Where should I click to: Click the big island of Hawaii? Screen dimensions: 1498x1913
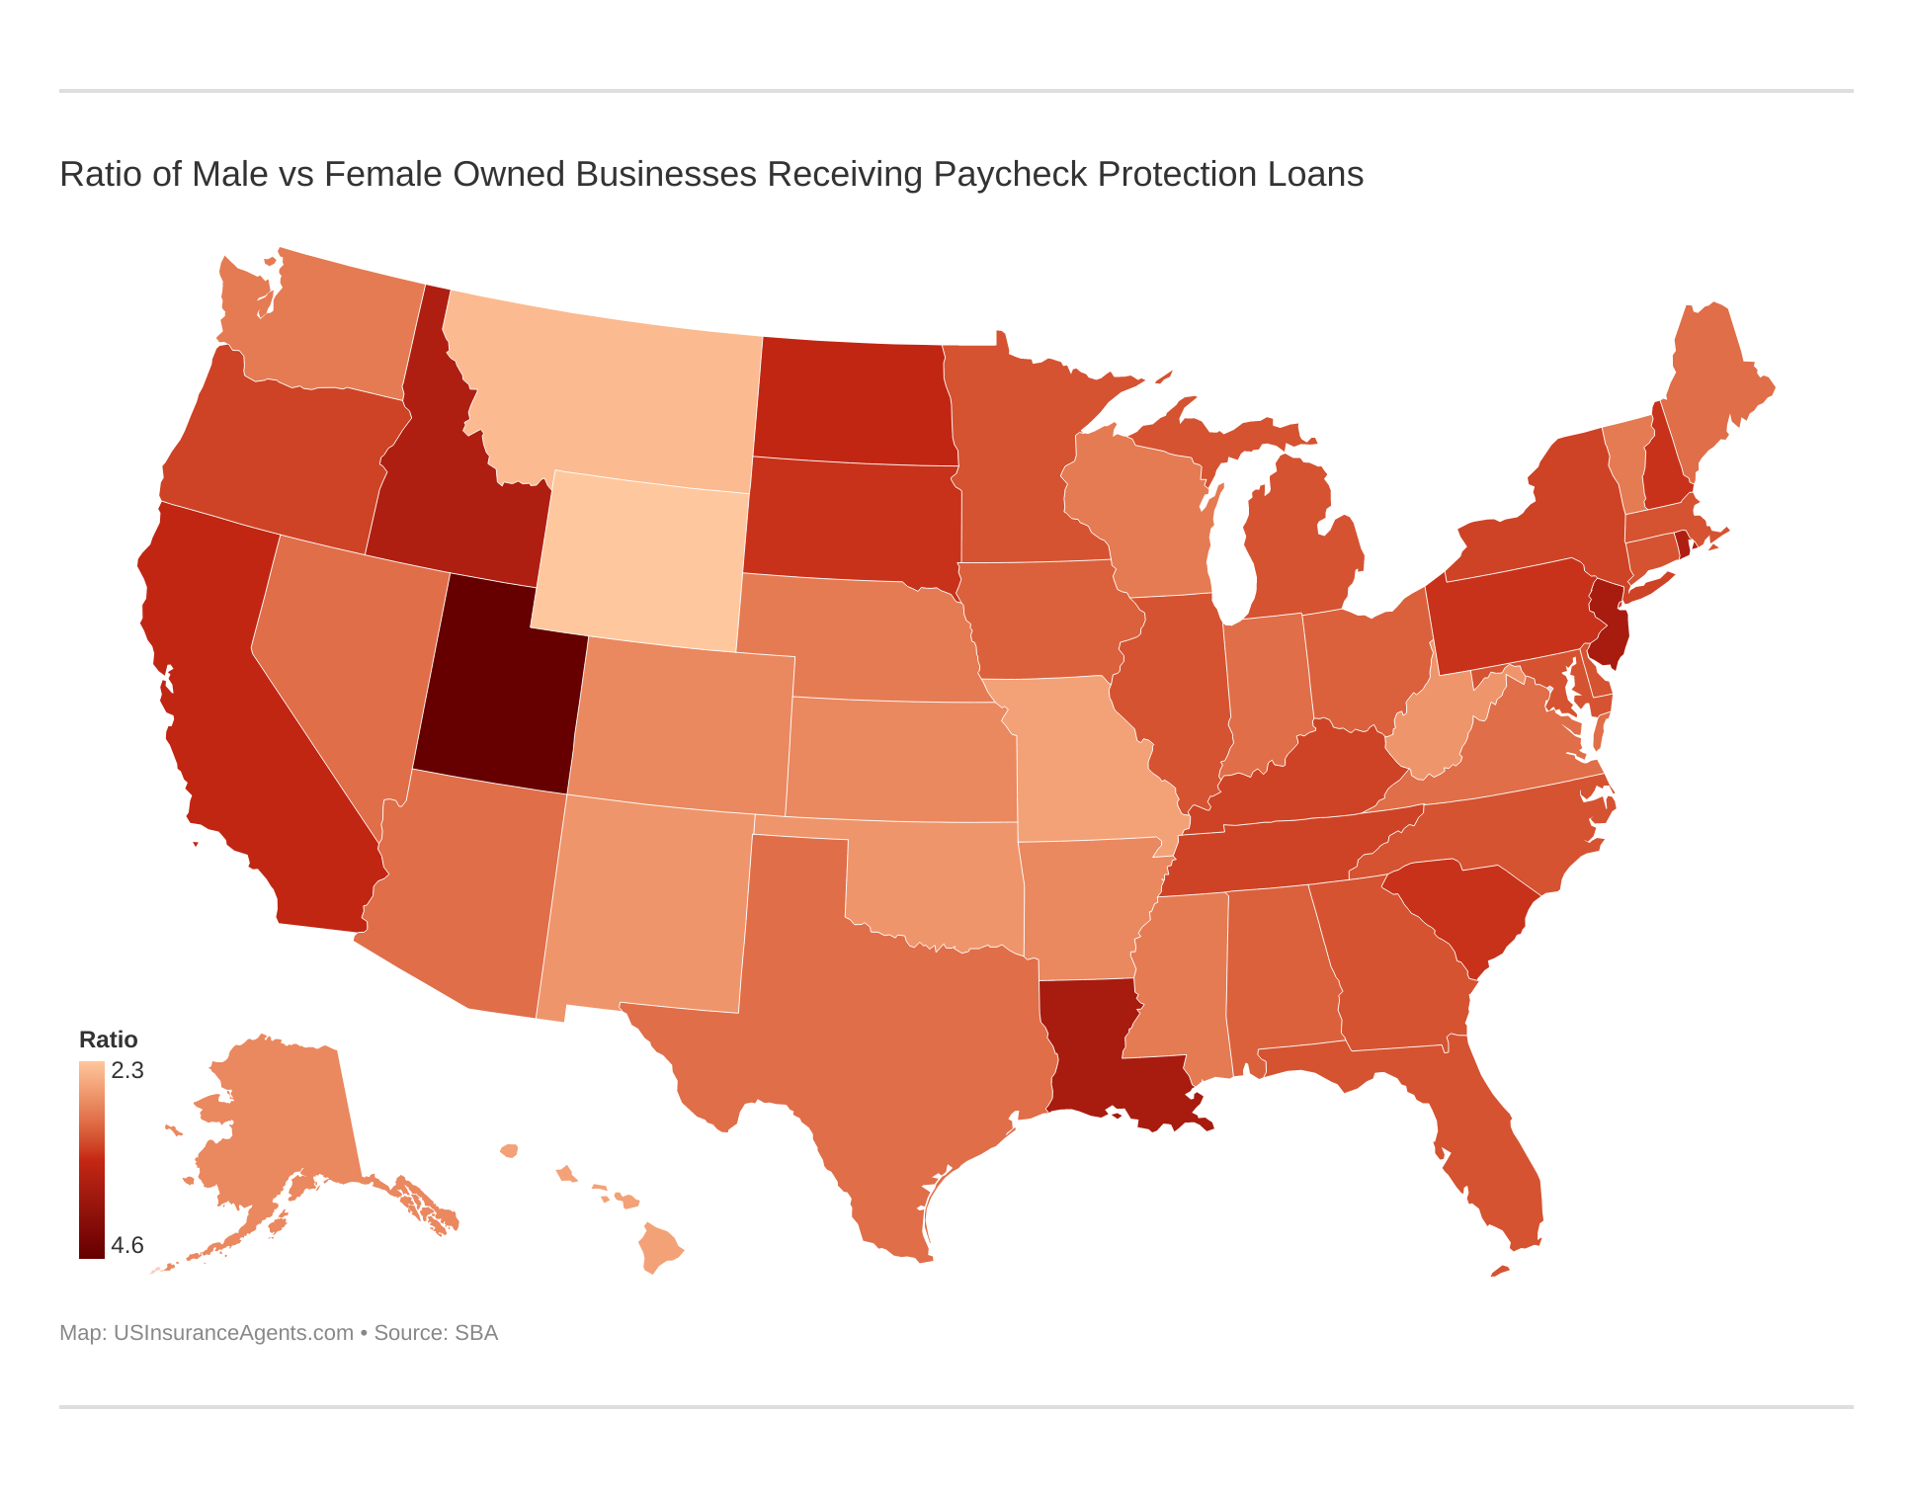660,1247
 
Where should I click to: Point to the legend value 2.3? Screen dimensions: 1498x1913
127,1070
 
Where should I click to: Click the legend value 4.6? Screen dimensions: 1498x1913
127,1245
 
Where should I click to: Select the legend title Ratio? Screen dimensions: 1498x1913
108,1040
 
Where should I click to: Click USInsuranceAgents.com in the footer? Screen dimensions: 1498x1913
233,1332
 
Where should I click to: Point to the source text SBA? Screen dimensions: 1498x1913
476,1332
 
